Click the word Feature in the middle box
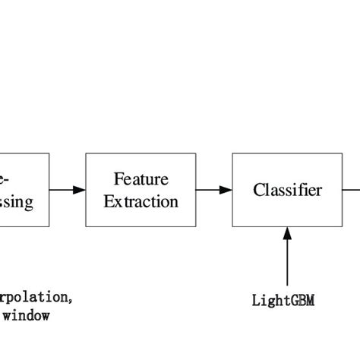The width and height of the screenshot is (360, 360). pyautogui.click(x=141, y=179)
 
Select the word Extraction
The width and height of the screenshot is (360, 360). pyautogui.click(x=141, y=201)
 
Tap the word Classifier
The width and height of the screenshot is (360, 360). pyautogui.click(x=287, y=190)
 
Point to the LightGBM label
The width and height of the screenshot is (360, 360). pyautogui.click(x=283, y=300)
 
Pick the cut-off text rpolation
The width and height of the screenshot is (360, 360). pyautogui.click(x=35, y=297)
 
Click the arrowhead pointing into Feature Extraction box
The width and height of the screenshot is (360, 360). pyautogui.click(x=80, y=190)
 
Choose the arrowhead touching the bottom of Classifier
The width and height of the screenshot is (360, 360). pyautogui.click(x=287, y=233)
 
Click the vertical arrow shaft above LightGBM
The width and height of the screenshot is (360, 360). pyautogui.click(x=287, y=262)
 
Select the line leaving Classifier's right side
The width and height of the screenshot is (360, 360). pyautogui.click(x=351, y=190)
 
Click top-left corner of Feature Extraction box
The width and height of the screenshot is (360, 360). pyautogui.click(x=86, y=153)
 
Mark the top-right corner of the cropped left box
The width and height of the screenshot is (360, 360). pyautogui.click(x=49, y=153)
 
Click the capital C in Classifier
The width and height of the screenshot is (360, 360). pyautogui.click(x=259, y=190)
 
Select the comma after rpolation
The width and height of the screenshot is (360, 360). pyautogui.click(x=71, y=302)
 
